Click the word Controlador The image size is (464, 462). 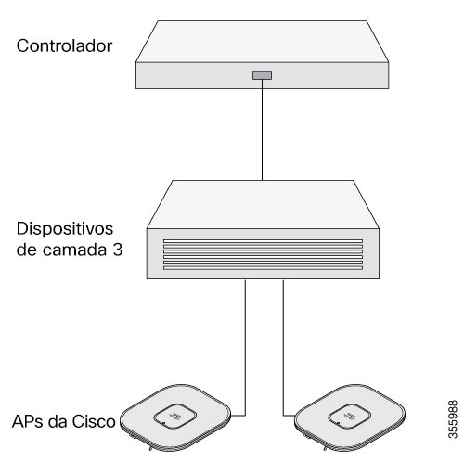coord(64,45)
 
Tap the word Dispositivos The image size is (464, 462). coord(65,230)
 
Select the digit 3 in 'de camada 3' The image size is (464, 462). coord(117,250)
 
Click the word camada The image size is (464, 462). coord(74,250)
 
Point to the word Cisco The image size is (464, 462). coord(94,421)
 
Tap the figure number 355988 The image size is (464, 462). coord(453,419)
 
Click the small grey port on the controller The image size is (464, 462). coord(262,75)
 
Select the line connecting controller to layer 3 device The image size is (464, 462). coord(262,130)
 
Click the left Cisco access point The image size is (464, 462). coord(175,418)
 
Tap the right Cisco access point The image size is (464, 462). coord(350,418)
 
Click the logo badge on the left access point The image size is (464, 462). coord(175,417)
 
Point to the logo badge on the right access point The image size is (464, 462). coord(350,417)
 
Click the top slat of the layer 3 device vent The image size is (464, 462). coord(263,241)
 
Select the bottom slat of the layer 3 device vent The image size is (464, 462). coord(263,268)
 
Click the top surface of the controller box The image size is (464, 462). coord(263,42)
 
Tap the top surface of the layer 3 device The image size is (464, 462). coord(263,204)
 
